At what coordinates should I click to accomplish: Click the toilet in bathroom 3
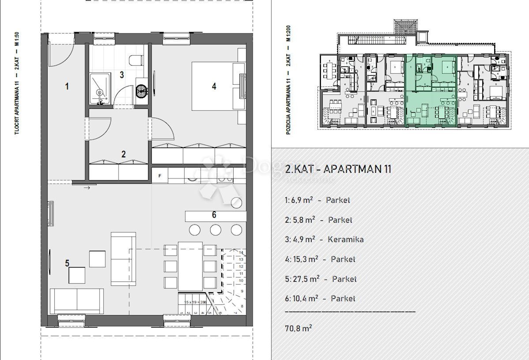click(136, 59)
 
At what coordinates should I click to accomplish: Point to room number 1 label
click(67, 86)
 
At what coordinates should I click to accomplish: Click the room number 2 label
click(124, 154)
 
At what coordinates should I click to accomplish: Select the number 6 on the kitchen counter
click(214, 215)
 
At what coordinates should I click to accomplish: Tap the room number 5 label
click(67, 263)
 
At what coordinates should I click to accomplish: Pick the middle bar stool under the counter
click(215, 230)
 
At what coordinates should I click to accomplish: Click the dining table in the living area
click(190, 266)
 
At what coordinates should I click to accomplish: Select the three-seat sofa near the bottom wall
click(77, 301)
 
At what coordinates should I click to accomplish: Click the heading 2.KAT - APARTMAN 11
click(338, 169)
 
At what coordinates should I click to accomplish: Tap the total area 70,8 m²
click(298, 328)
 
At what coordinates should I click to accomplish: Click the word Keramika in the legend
click(346, 239)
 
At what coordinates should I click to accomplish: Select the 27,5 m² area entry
click(304, 278)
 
